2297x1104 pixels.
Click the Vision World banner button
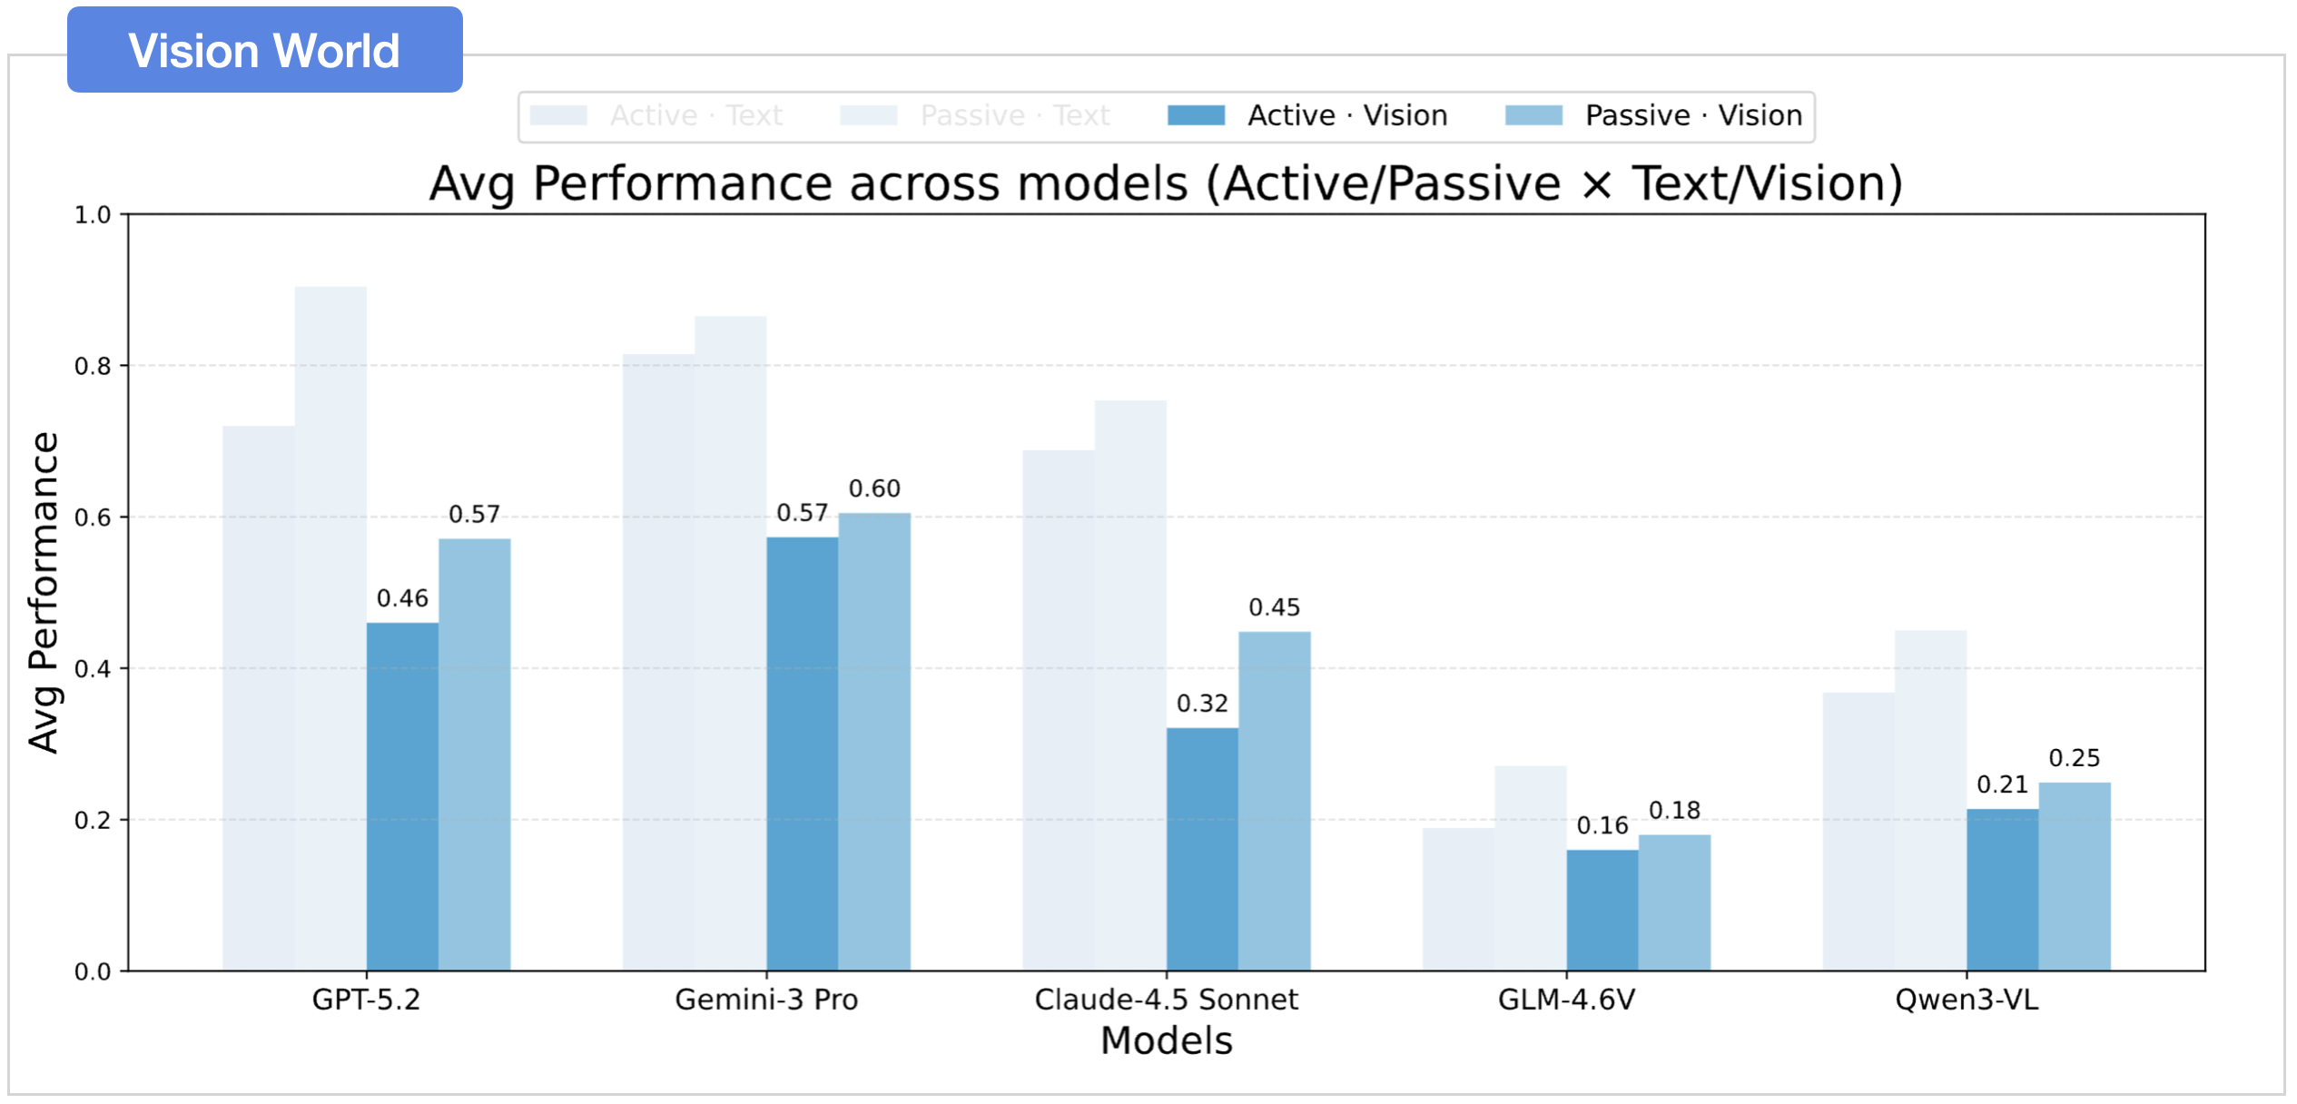pos(264,50)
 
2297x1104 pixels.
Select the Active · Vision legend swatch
pos(1196,115)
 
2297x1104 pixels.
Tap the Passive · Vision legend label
pos(1693,115)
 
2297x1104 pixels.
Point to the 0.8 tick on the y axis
pos(93,366)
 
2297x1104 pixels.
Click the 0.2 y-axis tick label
pos(93,820)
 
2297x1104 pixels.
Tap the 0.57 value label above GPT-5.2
pos(474,515)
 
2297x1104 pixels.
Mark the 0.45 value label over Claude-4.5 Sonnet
pos(1274,607)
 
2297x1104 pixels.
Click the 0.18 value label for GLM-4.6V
pos(1674,810)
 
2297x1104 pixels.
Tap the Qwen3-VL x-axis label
pos(1967,1000)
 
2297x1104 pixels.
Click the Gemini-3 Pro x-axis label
pos(766,1000)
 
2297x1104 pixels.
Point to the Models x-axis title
pos(1167,1040)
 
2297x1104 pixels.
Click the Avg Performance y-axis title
pos(44,592)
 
